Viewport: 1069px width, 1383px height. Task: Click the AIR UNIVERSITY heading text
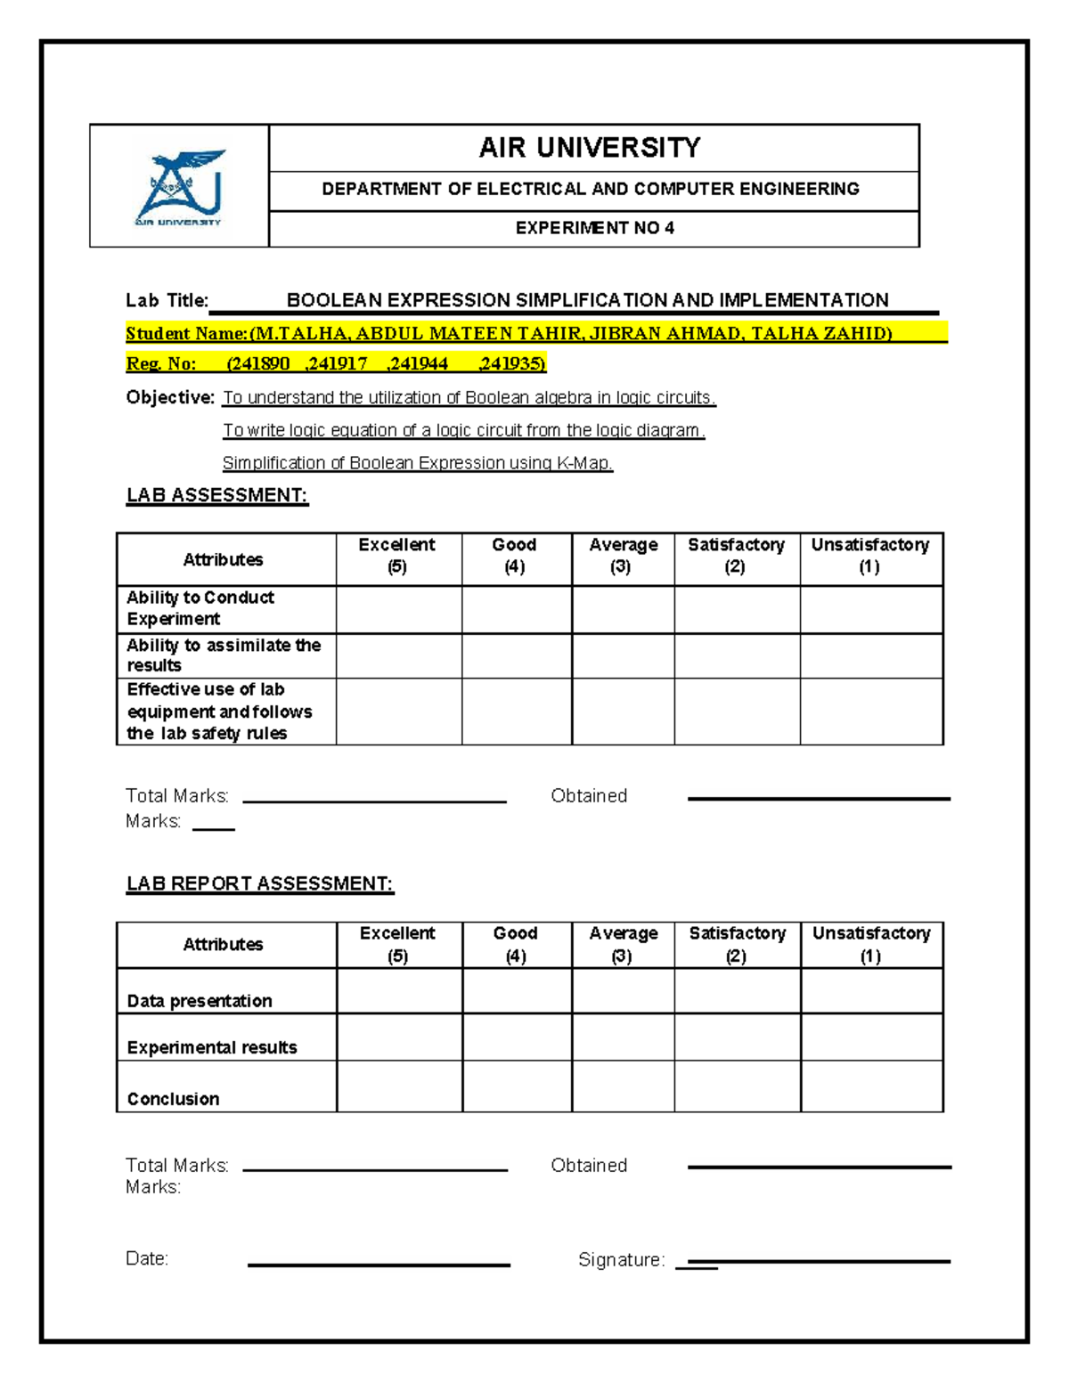point(590,148)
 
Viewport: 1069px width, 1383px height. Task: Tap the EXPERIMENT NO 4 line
point(594,228)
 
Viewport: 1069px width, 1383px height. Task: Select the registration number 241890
point(258,363)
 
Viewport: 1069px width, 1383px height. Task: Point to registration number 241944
point(419,363)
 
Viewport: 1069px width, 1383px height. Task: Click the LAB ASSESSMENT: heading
point(217,495)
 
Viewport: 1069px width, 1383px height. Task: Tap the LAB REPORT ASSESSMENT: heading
point(259,883)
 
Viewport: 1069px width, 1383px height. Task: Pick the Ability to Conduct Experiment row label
point(200,608)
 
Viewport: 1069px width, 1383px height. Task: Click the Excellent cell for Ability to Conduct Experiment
point(398,610)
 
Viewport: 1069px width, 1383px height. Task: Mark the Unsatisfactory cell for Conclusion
point(871,1086)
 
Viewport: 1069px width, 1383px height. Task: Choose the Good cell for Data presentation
point(517,991)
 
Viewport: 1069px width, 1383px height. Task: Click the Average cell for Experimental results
point(623,1037)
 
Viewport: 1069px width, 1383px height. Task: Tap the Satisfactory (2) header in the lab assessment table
point(736,556)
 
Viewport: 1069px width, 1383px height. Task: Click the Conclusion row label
point(173,1099)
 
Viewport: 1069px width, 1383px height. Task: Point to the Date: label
point(147,1258)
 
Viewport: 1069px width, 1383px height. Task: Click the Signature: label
point(621,1259)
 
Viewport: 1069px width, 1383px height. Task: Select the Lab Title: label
point(167,300)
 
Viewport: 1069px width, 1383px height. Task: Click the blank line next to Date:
point(379,1264)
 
